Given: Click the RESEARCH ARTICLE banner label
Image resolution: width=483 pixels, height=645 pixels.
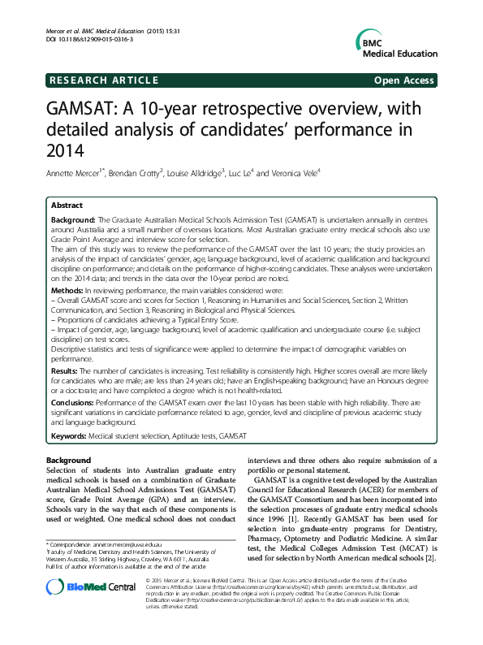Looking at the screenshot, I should (104, 80).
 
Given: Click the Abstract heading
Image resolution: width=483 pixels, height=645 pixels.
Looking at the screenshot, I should (67, 206).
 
